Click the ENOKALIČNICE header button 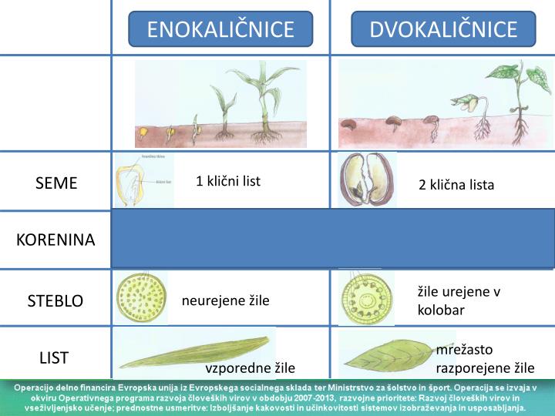coord(220,29)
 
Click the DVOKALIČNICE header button coord(443,29)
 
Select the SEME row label coord(56,183)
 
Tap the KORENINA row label coord(55,240)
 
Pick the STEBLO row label coord(55,300)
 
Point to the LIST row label coord(54,357)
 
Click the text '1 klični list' coord(228,181)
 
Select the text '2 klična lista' coord(456,185)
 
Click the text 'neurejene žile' coord(226,300)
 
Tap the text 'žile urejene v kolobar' coord(459,300)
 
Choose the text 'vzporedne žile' coord(250,367)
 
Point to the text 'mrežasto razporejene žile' coord(485,358)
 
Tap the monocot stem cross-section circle coord(142,297)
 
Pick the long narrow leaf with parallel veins coord(197,351)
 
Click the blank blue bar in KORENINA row coord(333,239)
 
